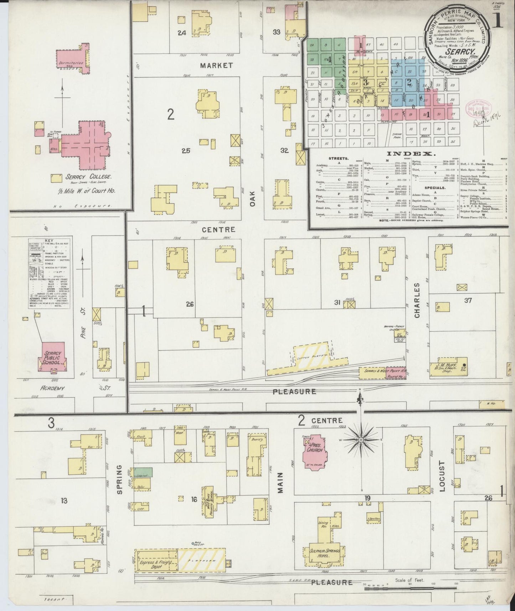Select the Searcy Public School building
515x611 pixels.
point(53,356)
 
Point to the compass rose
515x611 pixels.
point(361,441)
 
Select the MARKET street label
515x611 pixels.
point(216,66)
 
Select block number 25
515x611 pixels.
point(186,151)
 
